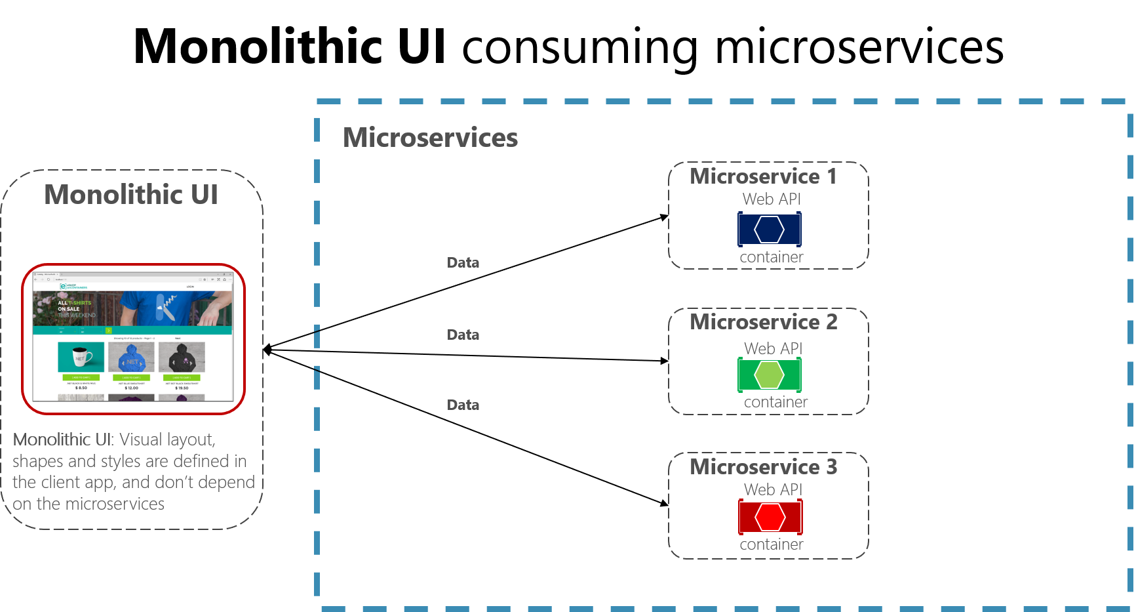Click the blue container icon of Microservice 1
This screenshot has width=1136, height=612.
click(x=769, y=230)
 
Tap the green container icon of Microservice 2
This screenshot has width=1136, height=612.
click(x=769, y=375)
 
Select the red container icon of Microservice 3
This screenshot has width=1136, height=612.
click(x=770, y=517)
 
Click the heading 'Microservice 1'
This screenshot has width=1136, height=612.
click(x=763, y=176)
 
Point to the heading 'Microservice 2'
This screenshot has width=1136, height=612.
click(x=763, y=322)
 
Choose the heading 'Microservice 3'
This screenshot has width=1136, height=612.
click(x=763, y=467)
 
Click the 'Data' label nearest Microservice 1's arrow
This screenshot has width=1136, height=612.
click(x=463, y=263)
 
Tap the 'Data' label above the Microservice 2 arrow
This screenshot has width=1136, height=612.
click(x=463, y=335)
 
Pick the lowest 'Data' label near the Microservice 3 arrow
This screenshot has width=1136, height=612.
click(x=463, y=405)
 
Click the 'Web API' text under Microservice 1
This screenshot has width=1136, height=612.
click(x=772, y=199)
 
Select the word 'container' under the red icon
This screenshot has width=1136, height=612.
click(x=772, y=544)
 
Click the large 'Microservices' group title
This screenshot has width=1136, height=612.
click(x=430, y=138)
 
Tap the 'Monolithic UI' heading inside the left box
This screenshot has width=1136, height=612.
click(x=131, y=195)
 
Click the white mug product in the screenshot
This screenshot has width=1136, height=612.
click(x=81, y=357)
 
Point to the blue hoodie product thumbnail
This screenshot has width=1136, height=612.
click(x=131, y=357)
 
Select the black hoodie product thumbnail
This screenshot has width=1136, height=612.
click(x=182, y=357)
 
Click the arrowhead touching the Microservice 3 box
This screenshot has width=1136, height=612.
click(x=664, y=503)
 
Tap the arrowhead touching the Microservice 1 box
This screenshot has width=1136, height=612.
click(x=664, y=216)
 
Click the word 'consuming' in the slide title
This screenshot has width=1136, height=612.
click(x=579, y=47)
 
